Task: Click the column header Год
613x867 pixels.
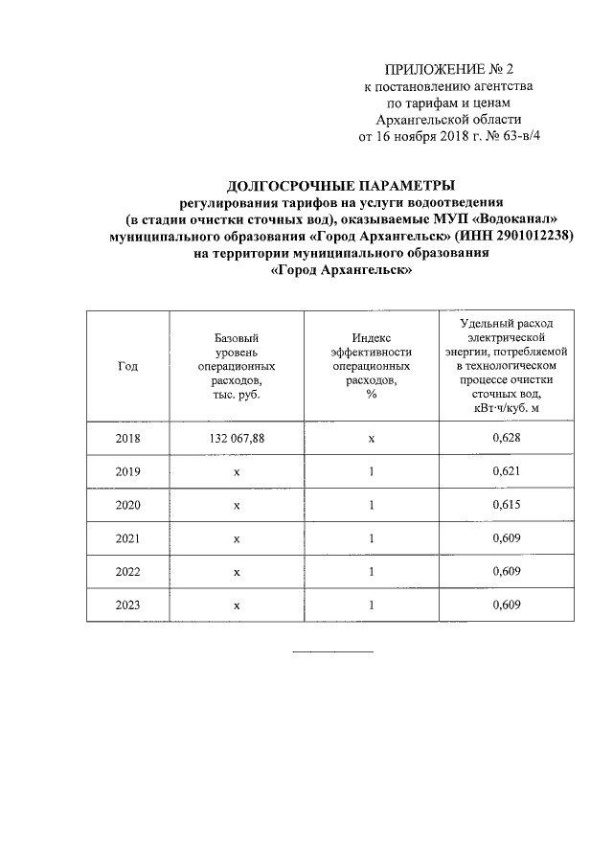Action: pos(127,366)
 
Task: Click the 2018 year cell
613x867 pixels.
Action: pos(127,438)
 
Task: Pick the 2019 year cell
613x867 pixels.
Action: pos(127,471)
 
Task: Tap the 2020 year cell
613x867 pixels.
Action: pos(127,505)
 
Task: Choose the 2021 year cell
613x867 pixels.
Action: pos(127,538)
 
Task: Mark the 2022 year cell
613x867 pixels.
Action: pos(127,572)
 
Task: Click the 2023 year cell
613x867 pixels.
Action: pos(127,605)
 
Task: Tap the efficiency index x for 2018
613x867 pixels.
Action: pos(371,438)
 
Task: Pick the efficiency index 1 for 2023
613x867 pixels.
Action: pos(371,605)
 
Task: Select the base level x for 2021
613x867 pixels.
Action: pos(236,538)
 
